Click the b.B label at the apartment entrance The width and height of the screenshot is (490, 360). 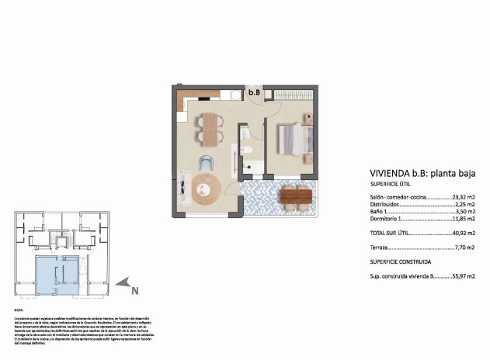click(x=253, y=92)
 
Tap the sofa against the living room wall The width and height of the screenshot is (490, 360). click(x=182, y=185)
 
